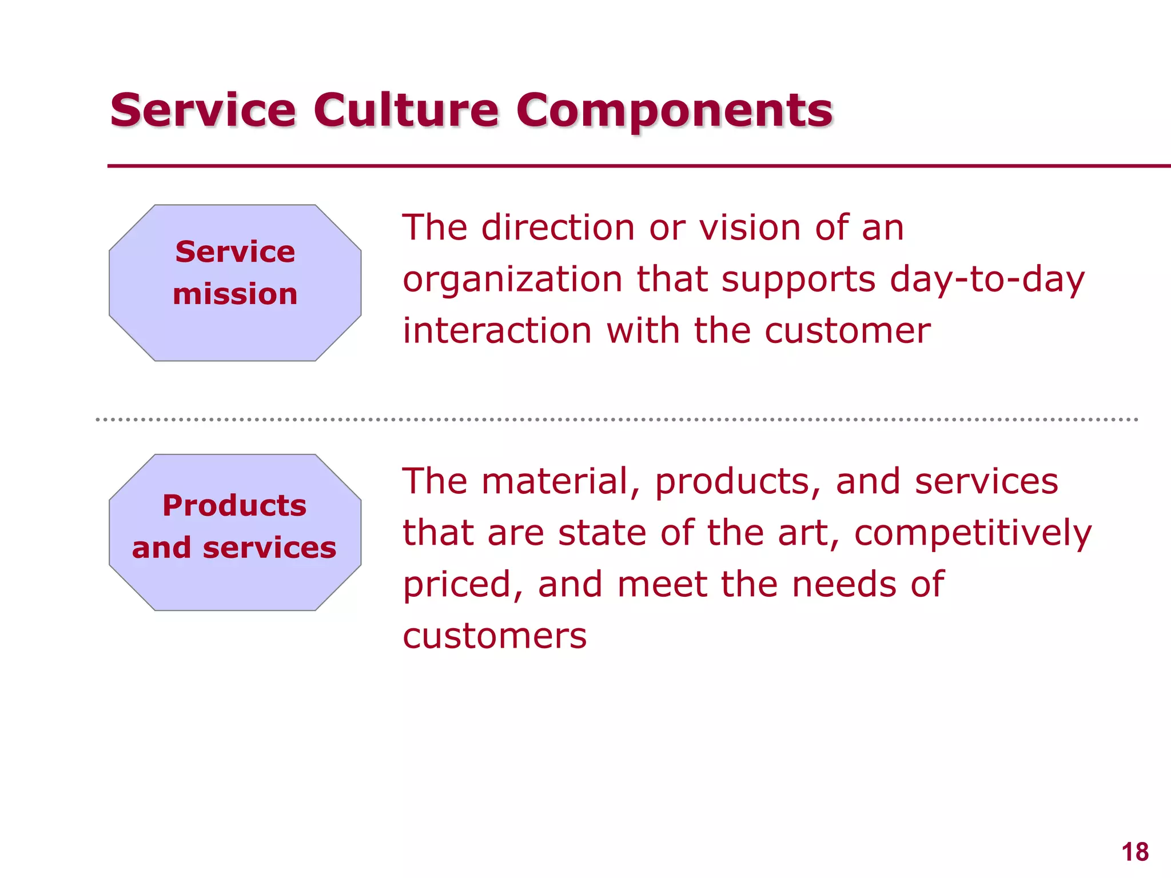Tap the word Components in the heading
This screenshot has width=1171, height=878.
coord(675,111)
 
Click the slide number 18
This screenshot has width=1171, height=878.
coord(1134,852)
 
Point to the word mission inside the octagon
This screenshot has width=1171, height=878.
coord(235,294)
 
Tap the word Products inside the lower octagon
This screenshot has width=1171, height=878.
coord(234,505)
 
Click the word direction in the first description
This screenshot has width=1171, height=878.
coord(557,228)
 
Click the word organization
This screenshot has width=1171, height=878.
coord(512,280)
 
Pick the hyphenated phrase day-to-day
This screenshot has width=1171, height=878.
coord(987,280)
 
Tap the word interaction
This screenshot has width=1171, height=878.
coord(497,331)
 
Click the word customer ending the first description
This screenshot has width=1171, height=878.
coord(847,331)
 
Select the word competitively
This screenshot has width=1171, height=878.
coord(973,533)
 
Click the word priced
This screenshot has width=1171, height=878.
coord(463,585)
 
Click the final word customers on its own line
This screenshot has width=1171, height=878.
coord(495,636)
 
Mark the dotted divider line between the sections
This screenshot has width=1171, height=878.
coord(616,420)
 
